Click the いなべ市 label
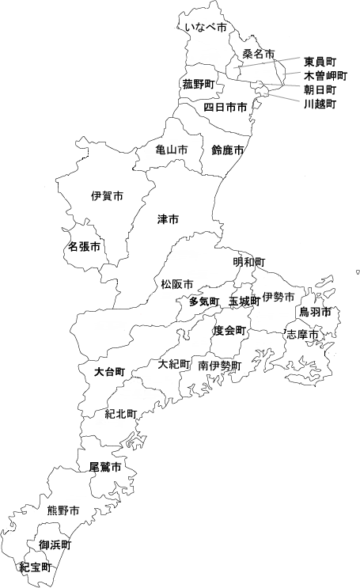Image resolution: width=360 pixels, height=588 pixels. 205,28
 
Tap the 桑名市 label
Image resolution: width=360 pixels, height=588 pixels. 258,54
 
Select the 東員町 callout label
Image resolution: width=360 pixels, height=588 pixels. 320,61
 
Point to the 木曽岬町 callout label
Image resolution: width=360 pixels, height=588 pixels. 325,75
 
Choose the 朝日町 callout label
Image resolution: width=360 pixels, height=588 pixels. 320,89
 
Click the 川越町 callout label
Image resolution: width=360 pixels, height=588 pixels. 320,104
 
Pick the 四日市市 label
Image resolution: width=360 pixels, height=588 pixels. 225,106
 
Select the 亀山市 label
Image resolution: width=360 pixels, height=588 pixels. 172,150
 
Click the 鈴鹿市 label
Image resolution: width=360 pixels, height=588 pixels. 227,150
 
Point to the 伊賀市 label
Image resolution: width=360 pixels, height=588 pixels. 107,195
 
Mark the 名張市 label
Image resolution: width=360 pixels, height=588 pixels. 84,247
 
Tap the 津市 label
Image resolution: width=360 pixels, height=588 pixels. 168,218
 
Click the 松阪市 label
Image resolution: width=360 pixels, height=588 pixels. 176,283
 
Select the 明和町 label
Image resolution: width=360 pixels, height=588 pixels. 248,262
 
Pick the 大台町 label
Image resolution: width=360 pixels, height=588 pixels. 108,370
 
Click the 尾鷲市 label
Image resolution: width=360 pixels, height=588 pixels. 105,468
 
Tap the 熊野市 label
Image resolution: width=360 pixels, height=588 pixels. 63,510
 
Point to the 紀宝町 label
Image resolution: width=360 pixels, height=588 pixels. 36,567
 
